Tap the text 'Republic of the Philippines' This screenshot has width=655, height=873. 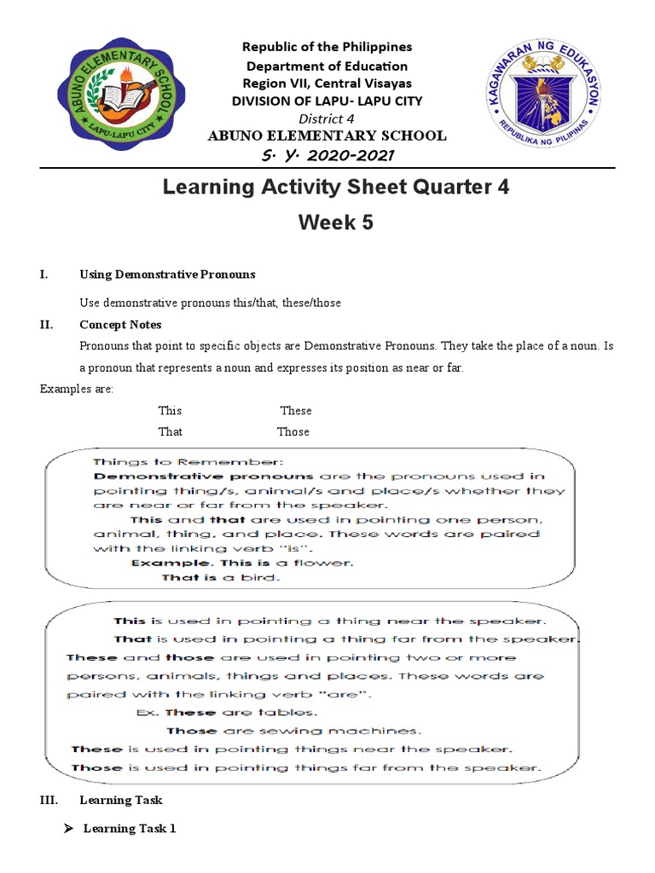pos(327,47)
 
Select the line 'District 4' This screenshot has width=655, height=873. pos(326,118)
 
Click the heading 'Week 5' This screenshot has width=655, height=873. pos(335,223)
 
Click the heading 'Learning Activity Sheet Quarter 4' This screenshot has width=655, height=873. pos(336,187)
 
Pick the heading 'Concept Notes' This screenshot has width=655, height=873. pos(120,325)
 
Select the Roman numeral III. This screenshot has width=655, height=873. pos(47,801)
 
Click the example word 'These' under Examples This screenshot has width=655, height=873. pos(296,411)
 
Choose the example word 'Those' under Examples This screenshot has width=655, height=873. pos(293,431)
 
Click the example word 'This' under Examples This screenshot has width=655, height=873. pos(170,411)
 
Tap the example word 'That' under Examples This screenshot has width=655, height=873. pos(170,431)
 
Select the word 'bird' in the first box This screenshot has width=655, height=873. pos(260,578)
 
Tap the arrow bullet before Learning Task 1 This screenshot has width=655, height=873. pos(71,829)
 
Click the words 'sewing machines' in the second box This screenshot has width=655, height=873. pos(368,731)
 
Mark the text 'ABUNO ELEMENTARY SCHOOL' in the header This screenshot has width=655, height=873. pos(327,136)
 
